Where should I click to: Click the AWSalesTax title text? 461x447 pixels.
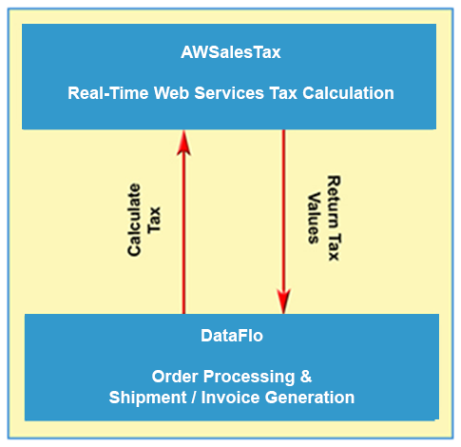(x=231, y=52)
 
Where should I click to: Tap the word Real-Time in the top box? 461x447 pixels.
(x=108, y=93)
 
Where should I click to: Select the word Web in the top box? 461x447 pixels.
(x=171, y=93)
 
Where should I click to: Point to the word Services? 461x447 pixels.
(x=229, y=93)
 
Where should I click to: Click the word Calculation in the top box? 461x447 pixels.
(x=348, y=93)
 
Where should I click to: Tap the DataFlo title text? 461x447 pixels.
(x=232, y=336)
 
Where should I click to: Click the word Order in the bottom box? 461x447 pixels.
(x=175, y=377)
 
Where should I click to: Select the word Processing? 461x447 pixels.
(x=249, y=378)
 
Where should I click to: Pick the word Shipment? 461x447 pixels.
(x=147, y=398)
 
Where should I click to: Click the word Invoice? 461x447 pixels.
(x=230, y=398)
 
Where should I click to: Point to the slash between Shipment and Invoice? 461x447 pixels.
(x=194, y=398)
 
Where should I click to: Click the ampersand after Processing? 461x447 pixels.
(x=306, y=377)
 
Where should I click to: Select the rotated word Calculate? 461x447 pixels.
(x=134, y=220)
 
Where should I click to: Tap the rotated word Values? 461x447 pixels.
(x=314, y=218)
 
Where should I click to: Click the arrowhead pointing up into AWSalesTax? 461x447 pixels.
(x=183, y=143)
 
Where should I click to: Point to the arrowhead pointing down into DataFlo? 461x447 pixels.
(x=284, y=301)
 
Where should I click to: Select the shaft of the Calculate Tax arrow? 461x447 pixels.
(x=183, y=235)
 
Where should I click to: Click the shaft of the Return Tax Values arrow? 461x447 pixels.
(x=284, y=209)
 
